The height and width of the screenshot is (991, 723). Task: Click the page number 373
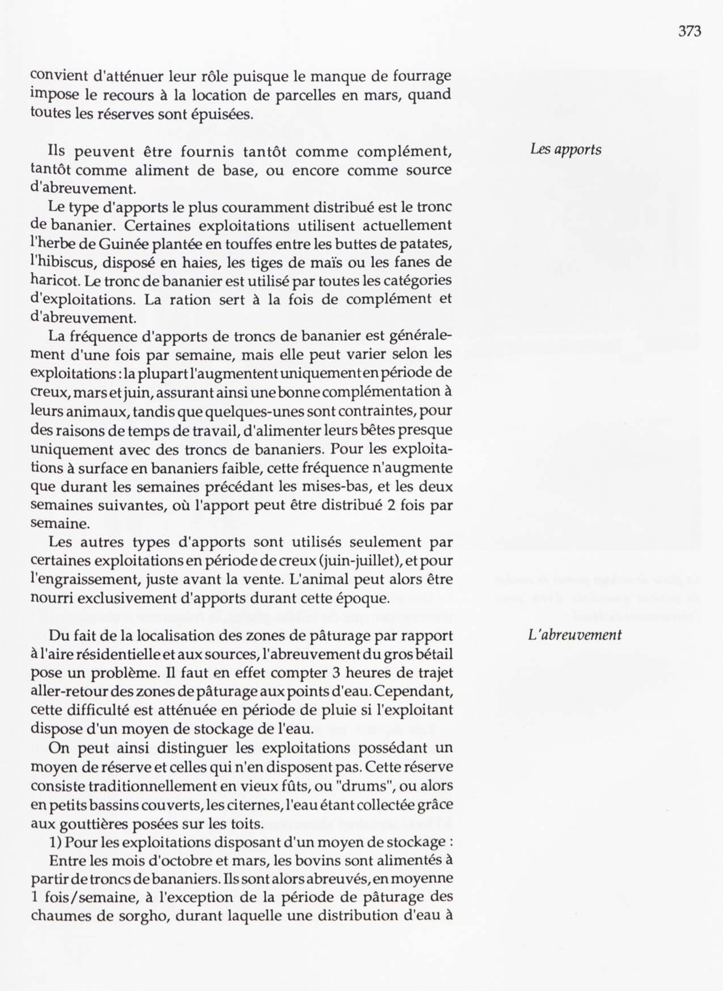point(690,31)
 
